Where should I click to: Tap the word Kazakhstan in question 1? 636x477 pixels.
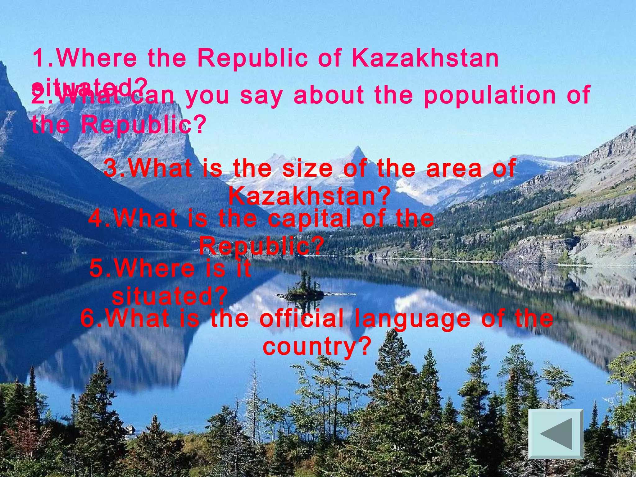click(425, 58)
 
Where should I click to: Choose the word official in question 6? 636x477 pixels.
click(302, 319)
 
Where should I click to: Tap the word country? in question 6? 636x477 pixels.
click(317, 347)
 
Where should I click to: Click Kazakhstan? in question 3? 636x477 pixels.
click(309, 196)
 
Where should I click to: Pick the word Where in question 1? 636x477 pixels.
click(96, 58)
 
